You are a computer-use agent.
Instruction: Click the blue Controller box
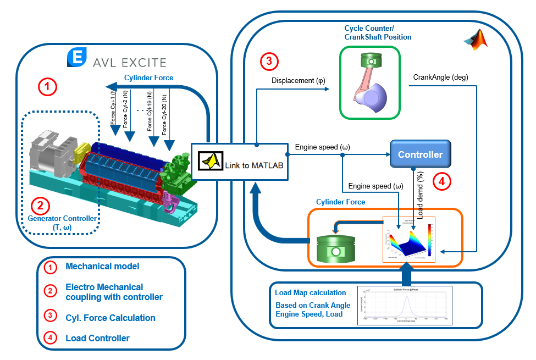420,154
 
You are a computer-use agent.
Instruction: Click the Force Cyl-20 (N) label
165,113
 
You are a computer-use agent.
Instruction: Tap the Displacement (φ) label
298,81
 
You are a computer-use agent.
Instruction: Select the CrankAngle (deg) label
440,77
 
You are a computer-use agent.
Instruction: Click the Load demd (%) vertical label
421,193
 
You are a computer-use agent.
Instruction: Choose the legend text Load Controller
97,338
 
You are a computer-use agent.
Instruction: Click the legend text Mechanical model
102,267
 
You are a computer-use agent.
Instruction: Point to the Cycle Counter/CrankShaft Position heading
378,32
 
